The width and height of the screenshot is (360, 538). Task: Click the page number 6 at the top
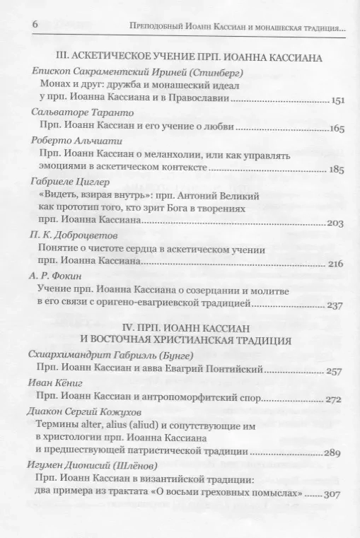pyautogui.click(x=34, y=25)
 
